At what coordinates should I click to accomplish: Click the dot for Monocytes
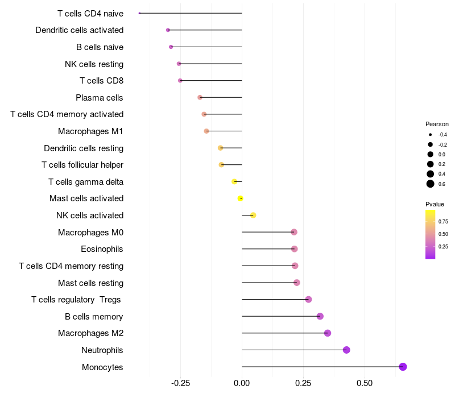pos(403,367)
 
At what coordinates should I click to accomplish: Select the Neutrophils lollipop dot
pos(346,350)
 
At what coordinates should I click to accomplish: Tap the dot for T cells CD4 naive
pos(139,13)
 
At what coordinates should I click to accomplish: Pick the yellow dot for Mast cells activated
pos(241,198)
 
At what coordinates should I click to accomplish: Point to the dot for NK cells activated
pos(253,215)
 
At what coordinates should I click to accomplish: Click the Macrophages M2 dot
pos(327,333)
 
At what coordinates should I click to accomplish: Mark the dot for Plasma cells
pos(200,97)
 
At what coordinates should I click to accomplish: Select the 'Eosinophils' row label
pos(102,249)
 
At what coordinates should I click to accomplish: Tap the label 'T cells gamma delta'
pos(86,182)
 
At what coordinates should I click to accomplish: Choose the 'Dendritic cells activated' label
pos(79,30)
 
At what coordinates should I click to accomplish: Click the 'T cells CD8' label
pos(101,81)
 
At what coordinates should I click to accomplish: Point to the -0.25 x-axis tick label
pos(180,384)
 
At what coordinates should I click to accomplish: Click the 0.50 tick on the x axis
pos(364,384)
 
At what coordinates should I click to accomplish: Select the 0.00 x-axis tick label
pos(242,384)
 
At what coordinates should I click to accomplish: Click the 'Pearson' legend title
pos(437,124)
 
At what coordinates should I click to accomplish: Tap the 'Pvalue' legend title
pos(435,204)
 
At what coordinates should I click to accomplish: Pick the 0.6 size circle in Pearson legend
pos(431,184)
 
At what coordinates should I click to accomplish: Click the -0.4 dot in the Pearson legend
pos(431,135)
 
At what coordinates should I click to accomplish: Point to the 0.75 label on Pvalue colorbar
pos(443,222)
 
